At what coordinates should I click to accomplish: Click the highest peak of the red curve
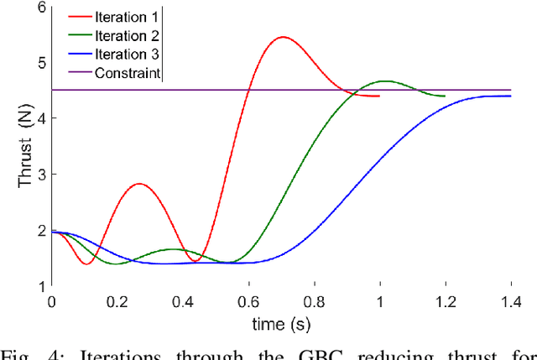pos(282,37)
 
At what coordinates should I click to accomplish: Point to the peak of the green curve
pos(385,81)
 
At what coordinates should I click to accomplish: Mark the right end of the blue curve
pos(511,97)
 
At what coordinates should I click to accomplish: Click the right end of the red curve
pos(379,97)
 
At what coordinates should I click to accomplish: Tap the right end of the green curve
pos(444,97)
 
